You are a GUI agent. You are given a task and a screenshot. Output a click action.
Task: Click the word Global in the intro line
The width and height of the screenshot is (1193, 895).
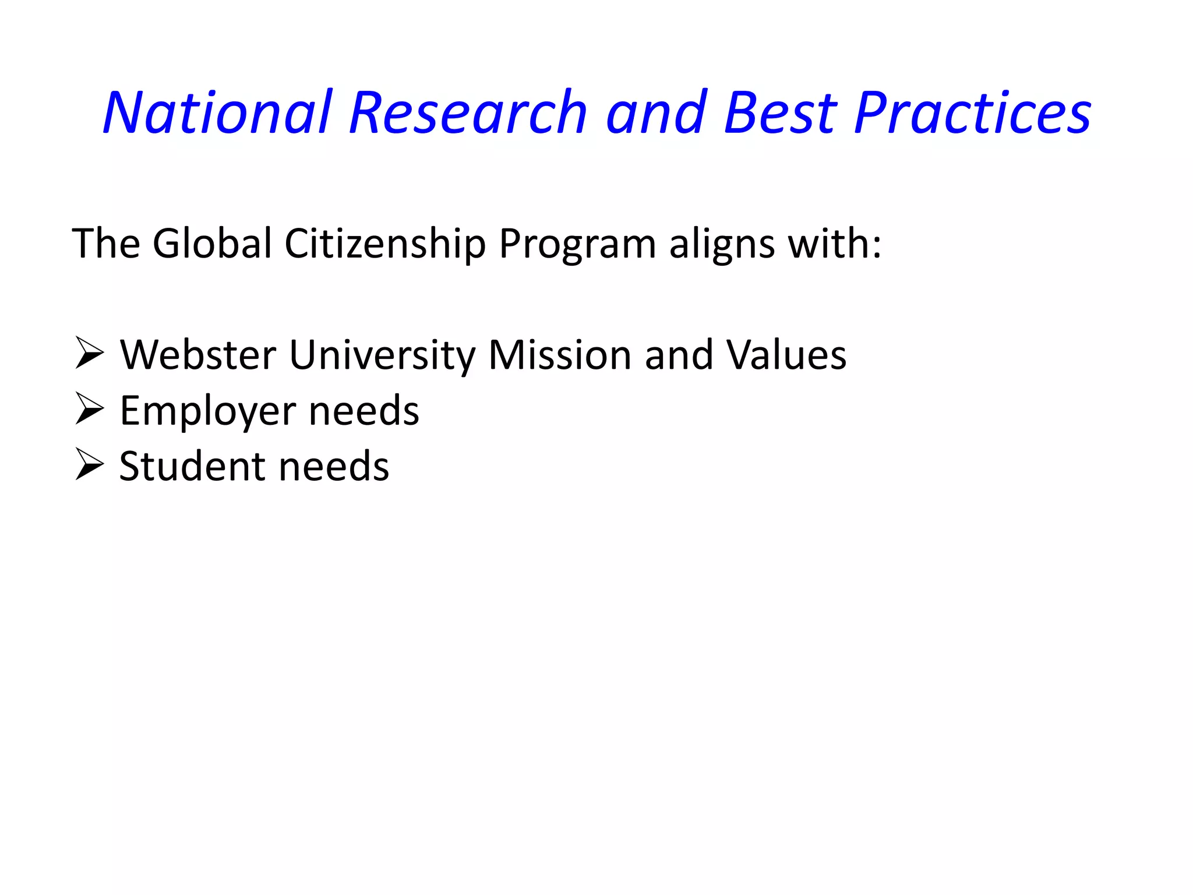(x=212, y=243)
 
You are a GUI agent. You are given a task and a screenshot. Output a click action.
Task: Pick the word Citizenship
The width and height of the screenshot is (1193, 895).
(x=385, y=243)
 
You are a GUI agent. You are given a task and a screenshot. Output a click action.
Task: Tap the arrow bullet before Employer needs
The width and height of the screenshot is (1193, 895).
(x=89, y=410)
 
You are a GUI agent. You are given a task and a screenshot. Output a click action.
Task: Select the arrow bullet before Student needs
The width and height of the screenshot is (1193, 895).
(x=89, y=466)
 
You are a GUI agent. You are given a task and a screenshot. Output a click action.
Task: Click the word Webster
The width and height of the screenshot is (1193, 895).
(x=198, y=355)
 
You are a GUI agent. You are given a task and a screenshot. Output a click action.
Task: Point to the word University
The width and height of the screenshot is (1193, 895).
(x=382, y=356)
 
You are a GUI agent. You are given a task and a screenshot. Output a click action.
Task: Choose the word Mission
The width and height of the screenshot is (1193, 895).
(x=560, y=355)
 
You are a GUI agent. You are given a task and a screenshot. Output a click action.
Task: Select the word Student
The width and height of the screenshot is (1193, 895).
(x=193, y=466)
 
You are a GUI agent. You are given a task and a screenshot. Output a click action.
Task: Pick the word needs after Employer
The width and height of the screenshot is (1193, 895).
(x=363, y=411)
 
